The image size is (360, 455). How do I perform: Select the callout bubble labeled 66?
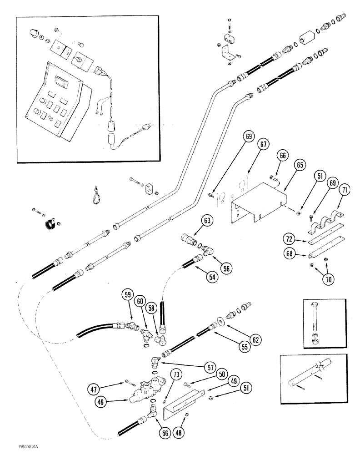[x=283, y=156]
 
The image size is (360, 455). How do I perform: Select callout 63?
[x=208, y=222]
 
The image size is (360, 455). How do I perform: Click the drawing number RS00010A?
[x=29, y=448]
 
